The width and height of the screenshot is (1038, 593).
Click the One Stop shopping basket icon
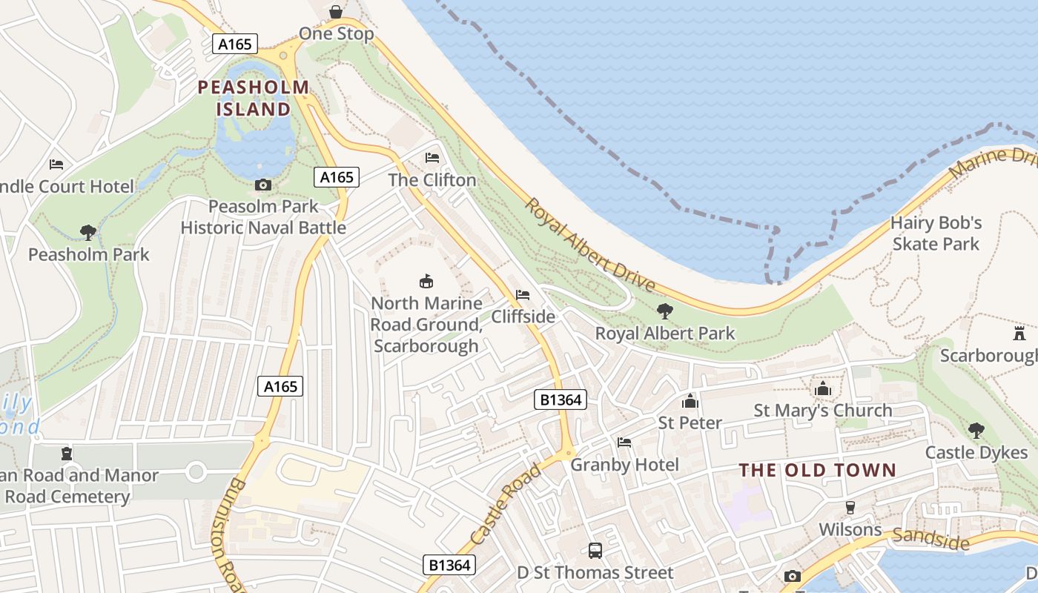pyautogui.click(x=336, y=12)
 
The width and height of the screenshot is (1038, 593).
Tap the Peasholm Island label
pyautogui.click(x=253, y=98)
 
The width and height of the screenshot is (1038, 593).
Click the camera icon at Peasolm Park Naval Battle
pyautogui.click(x=262, y=185)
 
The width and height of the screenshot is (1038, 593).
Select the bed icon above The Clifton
pyautogui.click(x=432, y=158)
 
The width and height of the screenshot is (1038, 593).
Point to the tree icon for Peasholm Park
pyautogui.click(x=88, y=233)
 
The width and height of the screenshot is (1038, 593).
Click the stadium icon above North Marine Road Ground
pyautogui.click(x=426, y=281)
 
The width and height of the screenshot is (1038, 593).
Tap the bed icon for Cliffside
pyautogui.click(x=523, y=295)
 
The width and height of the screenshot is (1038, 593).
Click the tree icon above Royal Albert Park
pyautogui.click(x=665, y=311)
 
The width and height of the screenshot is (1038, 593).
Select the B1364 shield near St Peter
pyautogui.click(x=561, y=400)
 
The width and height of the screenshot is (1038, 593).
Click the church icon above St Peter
pyautogui.click(x=690, y=401)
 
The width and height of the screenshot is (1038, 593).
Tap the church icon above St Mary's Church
pyautogui.click(x=823, y=388)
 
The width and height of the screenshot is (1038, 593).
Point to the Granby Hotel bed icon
pyautogui.click(x=624, y=443)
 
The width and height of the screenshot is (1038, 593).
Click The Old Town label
pyautogui.click(x=818, y=470)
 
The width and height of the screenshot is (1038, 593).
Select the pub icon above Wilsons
pyautogui.click(x=850, y=508)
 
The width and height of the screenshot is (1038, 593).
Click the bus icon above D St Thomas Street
pyautogui.click(x=595, y=550)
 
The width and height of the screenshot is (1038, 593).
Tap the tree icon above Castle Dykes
pyautogui.click(x=976, y=431)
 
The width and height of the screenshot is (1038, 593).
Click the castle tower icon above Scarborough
pyautogui.click(x=1019, y=333)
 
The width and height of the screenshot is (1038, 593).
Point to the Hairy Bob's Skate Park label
pyautogui.click(x=936, y=233)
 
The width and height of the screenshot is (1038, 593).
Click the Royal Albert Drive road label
pyautogui.click(x=590, y=245)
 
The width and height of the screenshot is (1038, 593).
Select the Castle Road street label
pyautogui.click(x=505, y=504)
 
